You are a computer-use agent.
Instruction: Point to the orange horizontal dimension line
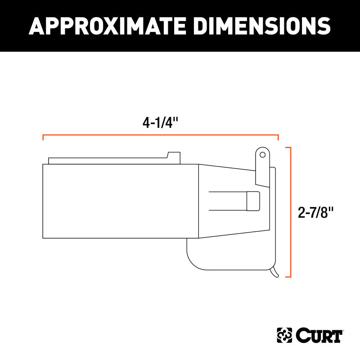click(160, 135)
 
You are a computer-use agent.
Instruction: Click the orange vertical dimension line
click(291, 211)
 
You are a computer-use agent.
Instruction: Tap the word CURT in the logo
click(320, 335)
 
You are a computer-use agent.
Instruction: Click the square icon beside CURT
click(285, 335)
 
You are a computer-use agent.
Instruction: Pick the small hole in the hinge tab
click(262, 154)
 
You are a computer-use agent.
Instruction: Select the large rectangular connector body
click(121, 201)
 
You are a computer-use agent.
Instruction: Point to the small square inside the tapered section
click(253, 201)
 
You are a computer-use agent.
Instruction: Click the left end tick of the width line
click(43, 137)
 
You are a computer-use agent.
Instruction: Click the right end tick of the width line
click(278, 137)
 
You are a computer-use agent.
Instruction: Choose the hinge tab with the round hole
click(262, 166)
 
